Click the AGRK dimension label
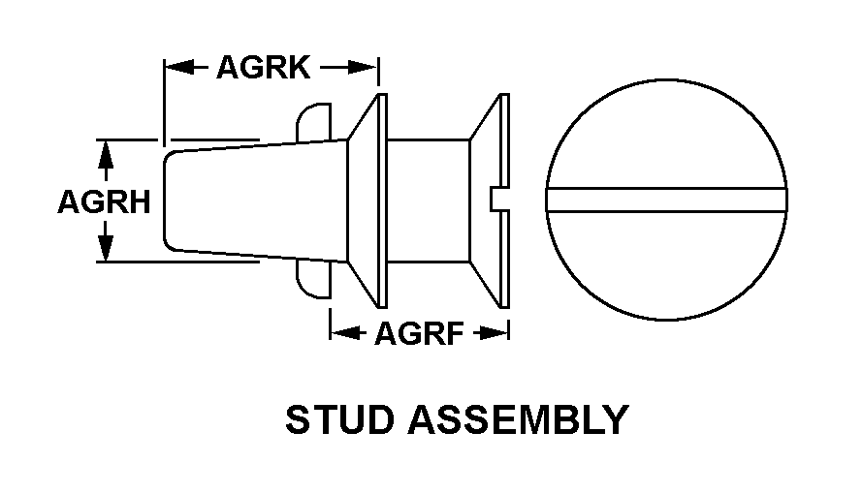tap(264, 68)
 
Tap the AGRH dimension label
tap(104, 201)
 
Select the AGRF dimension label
tap(420, 333)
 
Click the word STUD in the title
tap(340, 419)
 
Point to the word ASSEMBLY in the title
tap(518, 419)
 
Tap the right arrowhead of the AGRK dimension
tap(364, 68)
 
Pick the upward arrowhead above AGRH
tap(105, 154)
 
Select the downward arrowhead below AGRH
tap(105, 248)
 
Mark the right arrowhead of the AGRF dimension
tap(495, 332)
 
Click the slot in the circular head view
tap(666, 200)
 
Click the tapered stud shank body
tap(256, 200)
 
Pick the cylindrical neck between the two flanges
tap(429, 201)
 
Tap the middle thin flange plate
tap(382, 201)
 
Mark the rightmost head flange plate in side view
tap(504, 201)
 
